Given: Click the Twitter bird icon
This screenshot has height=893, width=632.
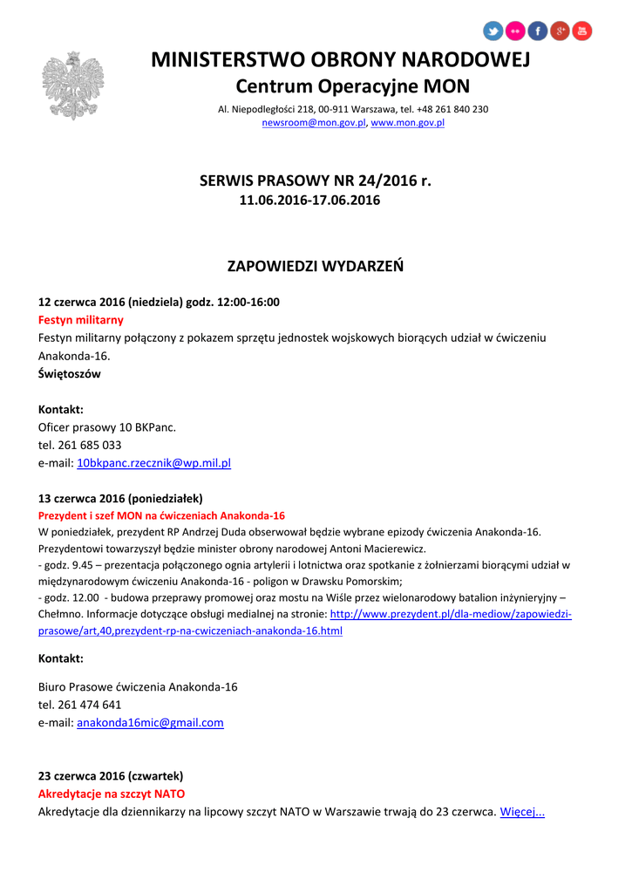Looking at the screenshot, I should pyautogui.click(x=493, y=31).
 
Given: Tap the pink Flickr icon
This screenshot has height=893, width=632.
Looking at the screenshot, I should pyautogui.click(x=516, y=31).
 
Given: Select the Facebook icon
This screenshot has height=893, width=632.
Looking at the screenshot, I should pyautogui.click(x=538, y=31).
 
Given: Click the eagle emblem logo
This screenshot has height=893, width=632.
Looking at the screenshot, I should pyautogui.click(x=73, y=86).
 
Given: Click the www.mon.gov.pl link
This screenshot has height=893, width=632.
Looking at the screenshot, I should pyautogui.click(x=408, y=123).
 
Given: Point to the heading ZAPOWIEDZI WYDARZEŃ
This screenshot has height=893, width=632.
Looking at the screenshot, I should pyautogui.click(x=316, y=266).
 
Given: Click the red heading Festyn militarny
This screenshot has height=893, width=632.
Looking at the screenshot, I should pyautogui.click(x=80, y=320).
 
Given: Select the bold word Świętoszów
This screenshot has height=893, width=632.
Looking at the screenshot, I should pyautogui.click(x=70, y=374).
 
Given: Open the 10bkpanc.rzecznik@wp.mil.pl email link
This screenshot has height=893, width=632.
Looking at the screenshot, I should pyautogui.click(x=153, y=463).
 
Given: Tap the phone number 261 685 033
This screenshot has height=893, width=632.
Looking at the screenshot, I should pyautogui.click(x=90, y=445).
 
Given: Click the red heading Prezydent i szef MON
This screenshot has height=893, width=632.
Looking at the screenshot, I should pyautogui.click(x=161, y=515).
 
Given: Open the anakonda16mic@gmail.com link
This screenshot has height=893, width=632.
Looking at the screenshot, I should pyautogui.click(x=150, y=722).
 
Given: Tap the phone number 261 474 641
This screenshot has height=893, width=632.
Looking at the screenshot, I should pyautogui.click(x=90, y=704).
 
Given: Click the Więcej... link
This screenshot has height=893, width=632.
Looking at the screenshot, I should pyautogui.click(x=522, y=812).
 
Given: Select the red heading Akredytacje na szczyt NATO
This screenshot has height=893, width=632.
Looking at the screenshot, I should pyautogui.click(x=112, y=794).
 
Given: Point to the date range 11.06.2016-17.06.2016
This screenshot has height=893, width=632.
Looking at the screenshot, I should pyautogui.click(x=309, y=201).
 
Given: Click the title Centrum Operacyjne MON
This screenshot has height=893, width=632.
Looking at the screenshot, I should pyautogui.click(x=352, y=86).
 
